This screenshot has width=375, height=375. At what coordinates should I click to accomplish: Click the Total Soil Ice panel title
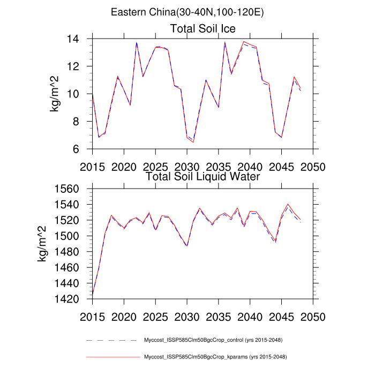(x=203, y=28)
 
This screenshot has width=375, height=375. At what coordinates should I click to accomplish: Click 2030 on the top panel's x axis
(x=187, y=166)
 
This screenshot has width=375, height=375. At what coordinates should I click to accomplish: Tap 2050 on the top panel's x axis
(x=313, y=166)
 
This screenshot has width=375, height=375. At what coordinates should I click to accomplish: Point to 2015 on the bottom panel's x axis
(x=93, y=316)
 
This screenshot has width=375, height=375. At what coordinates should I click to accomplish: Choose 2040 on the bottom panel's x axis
(x=250, y=316)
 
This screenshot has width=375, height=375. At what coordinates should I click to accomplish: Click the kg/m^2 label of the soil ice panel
(x=55, y=94)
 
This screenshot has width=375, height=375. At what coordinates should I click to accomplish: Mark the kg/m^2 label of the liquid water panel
(x=42, y=244)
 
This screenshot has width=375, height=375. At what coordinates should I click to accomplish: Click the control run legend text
(x=213, y=340)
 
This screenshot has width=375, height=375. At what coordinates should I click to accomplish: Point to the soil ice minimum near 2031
(x=193, y=142)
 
